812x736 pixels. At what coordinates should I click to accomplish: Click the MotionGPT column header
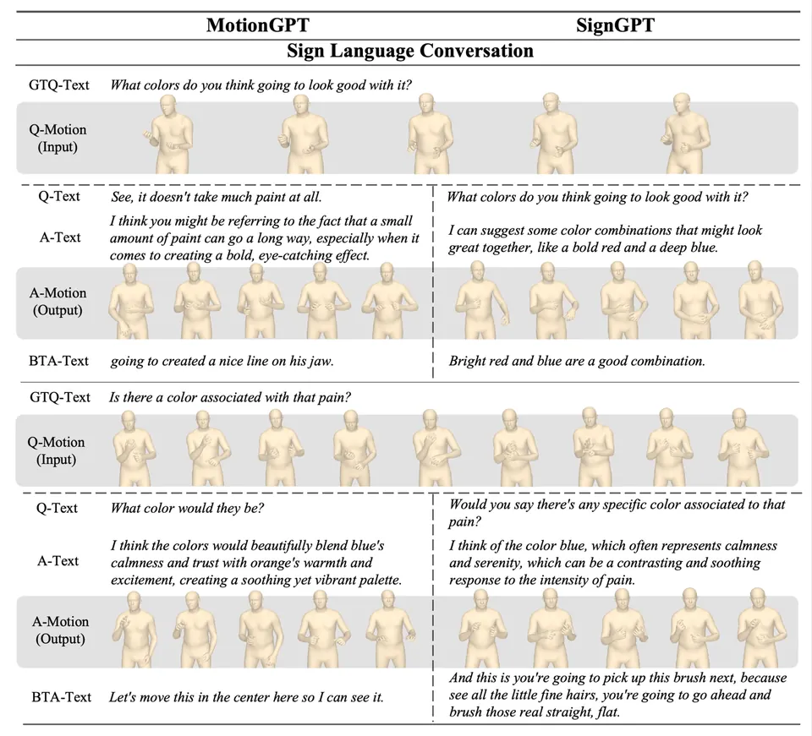(258, 25)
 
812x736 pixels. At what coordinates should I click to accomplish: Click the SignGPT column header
(615, 25)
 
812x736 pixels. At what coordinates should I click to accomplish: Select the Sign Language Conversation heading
(410, 51)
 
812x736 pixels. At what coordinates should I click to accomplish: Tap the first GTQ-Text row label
(59, 85)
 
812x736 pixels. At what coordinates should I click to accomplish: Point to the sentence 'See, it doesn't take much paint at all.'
(216, 197)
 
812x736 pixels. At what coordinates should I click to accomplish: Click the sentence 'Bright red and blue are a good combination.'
(577, 361)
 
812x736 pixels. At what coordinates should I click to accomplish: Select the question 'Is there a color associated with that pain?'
(230, 397)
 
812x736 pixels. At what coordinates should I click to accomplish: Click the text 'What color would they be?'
(187, 508)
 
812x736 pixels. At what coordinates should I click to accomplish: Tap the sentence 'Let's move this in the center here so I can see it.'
(246, 697)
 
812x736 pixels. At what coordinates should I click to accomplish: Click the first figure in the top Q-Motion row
(169, 134)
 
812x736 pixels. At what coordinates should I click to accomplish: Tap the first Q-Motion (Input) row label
(58, 138)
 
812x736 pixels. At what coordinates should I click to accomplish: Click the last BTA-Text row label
(62, 697)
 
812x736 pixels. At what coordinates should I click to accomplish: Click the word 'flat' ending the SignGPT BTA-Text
(607, 712)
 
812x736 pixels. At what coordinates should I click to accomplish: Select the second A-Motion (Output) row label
(60, 630)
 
